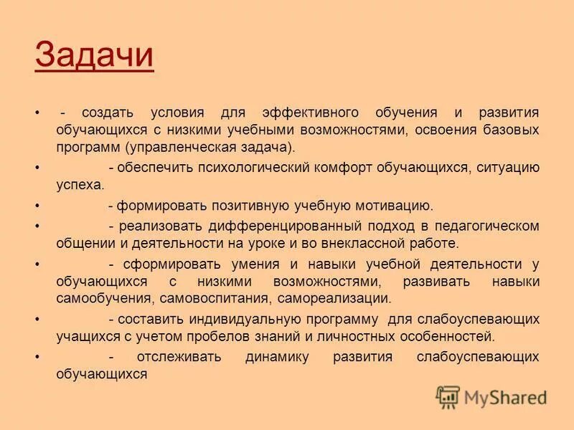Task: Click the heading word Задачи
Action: (x=94, y=56)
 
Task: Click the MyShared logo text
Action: (x=505, y=397)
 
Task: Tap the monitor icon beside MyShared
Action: (x=448, y=397)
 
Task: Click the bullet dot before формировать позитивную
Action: (x=37, y=206)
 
